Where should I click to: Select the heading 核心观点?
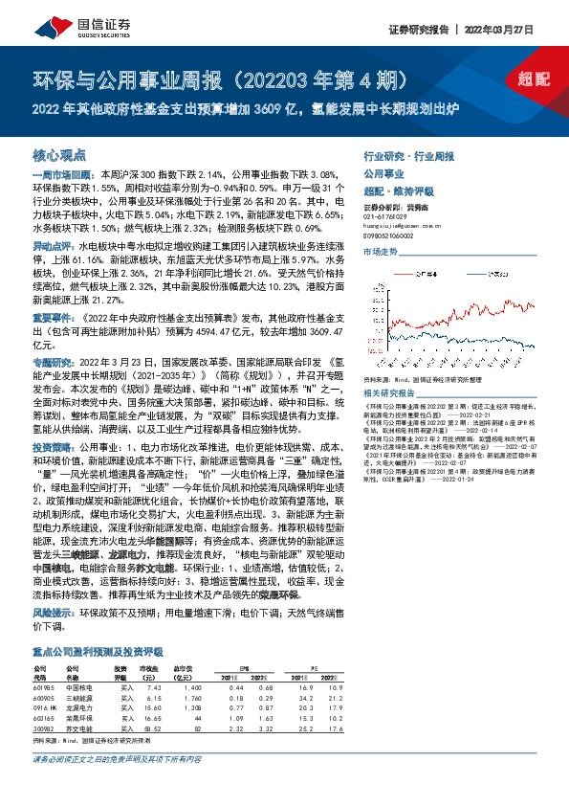pos(60,154)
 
